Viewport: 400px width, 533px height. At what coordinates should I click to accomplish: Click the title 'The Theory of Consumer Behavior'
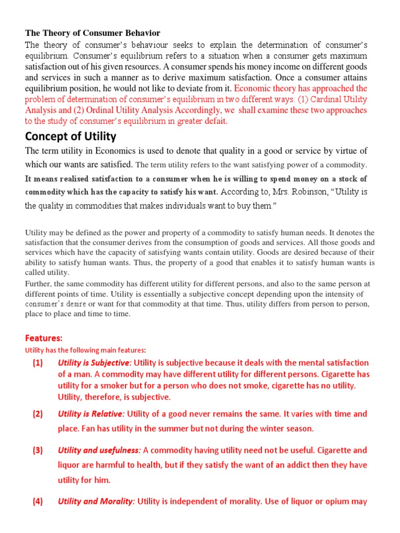click(x=93, y=33)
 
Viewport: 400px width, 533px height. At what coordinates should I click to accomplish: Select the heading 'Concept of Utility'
click(x=71, y=136)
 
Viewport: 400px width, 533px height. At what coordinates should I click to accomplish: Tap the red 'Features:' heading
click(x=44, y=338)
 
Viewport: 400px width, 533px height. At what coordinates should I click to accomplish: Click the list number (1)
click(x=37, y=363)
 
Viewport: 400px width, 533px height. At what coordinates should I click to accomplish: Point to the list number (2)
click(x=37, y=414)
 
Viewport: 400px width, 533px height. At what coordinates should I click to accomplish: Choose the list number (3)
click(x=37, y=451)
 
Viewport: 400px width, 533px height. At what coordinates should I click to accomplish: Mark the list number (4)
click(x=37, y=502)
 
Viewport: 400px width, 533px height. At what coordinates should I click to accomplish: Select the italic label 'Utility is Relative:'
click(x=91, y=414)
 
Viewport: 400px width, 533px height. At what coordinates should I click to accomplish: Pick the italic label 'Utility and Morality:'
click(x=96, y=502)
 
